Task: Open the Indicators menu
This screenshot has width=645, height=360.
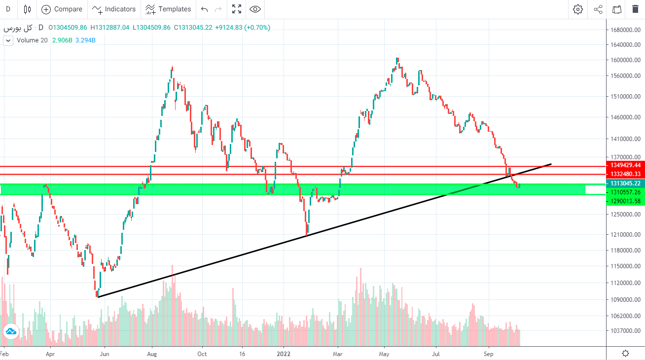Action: (114, 9)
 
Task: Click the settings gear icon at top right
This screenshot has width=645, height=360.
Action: (578, 9)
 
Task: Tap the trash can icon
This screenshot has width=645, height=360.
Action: (635, 9)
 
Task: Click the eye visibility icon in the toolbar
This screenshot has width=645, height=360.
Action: (255, 9)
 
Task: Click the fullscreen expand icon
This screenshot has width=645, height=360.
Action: (237, 9)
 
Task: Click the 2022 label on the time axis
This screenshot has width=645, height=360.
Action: (284, 354)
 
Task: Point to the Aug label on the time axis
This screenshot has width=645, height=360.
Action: (152, 354)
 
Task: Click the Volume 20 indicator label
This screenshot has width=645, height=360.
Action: (32, 40)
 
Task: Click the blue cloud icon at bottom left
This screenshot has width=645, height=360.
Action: (10, 332)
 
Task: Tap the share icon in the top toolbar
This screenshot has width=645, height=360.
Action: (598, 9)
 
